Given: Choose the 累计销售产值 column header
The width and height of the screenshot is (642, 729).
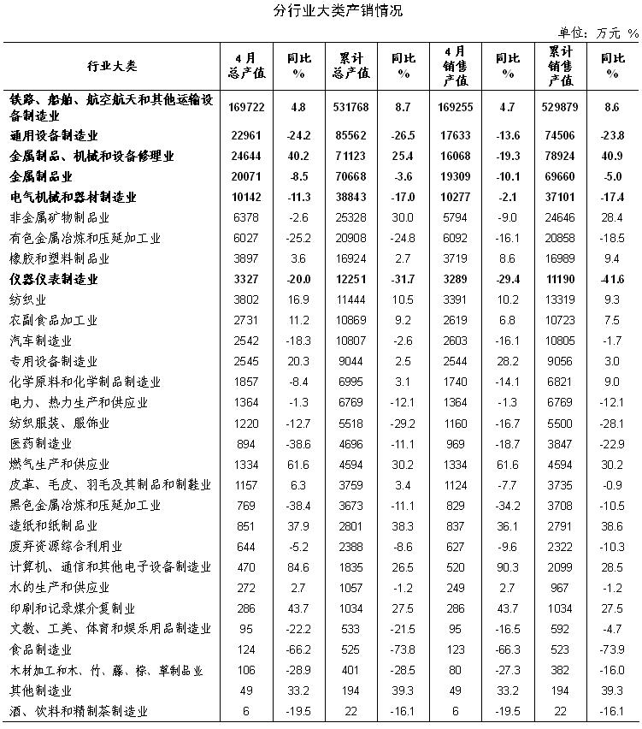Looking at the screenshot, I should point(561,66).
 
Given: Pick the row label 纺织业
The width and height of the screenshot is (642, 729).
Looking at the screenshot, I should point(28,300).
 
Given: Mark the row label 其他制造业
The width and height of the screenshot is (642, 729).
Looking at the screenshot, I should point(40,690).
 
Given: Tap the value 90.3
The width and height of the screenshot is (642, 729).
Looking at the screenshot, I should point(508,567).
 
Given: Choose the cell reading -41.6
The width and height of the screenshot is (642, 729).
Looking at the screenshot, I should point(612,280).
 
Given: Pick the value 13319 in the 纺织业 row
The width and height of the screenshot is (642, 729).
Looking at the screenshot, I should point(561,300).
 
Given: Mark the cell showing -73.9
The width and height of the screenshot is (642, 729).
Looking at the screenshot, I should point(612,649).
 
